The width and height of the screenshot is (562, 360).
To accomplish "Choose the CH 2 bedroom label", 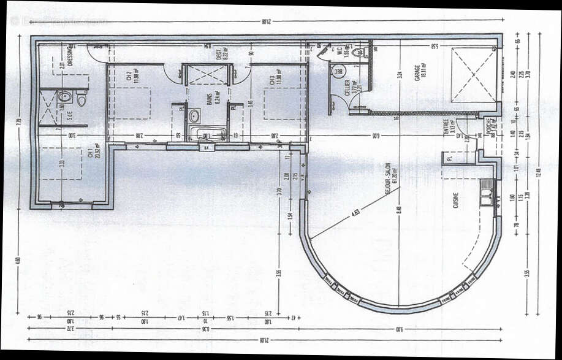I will pos(129,76).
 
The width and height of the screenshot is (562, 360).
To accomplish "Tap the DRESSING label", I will pos(70,55).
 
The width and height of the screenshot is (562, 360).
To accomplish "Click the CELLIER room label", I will pos(347,86).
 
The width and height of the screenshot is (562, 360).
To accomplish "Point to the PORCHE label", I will pos(489,126).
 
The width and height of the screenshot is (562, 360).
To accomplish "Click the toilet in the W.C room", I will pos(357,53).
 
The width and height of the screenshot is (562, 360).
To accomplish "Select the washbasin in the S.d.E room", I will pos(65,96).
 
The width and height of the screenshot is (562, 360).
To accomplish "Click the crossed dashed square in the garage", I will pos(474,75).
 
